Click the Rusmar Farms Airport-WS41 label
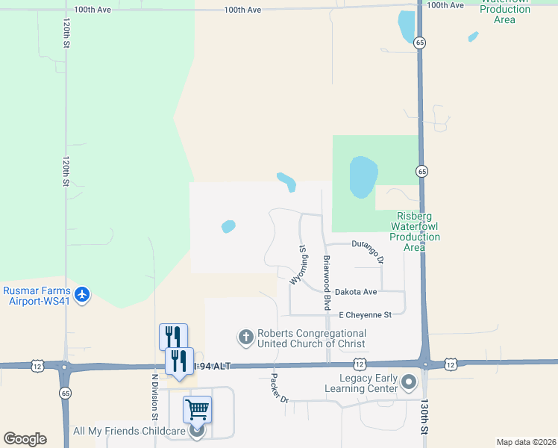point(37,296)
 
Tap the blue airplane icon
point(81,295)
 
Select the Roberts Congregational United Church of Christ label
point(312,338)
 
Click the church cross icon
point(245,338)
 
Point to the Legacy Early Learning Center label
point(361,384)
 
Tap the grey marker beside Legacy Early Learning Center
point(409,383)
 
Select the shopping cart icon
point(197,408)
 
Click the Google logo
point(25,439)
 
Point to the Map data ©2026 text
point(526,442)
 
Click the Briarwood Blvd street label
point(327,283)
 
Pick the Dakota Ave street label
point(356,292)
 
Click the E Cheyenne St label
point(365,315)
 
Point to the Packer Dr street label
point(280,388)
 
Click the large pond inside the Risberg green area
point(363,177)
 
